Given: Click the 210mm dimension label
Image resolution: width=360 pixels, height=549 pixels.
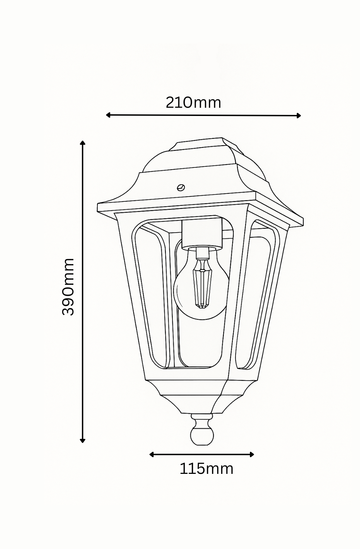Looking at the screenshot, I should point(193,102).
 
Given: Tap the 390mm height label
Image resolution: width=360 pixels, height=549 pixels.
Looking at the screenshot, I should point(68,287).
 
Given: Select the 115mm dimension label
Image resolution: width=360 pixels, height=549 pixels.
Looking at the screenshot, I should point(206,468).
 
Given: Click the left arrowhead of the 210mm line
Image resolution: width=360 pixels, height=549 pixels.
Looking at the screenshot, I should point(108,115).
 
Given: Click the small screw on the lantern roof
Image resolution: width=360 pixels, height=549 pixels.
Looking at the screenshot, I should point(181,187).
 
